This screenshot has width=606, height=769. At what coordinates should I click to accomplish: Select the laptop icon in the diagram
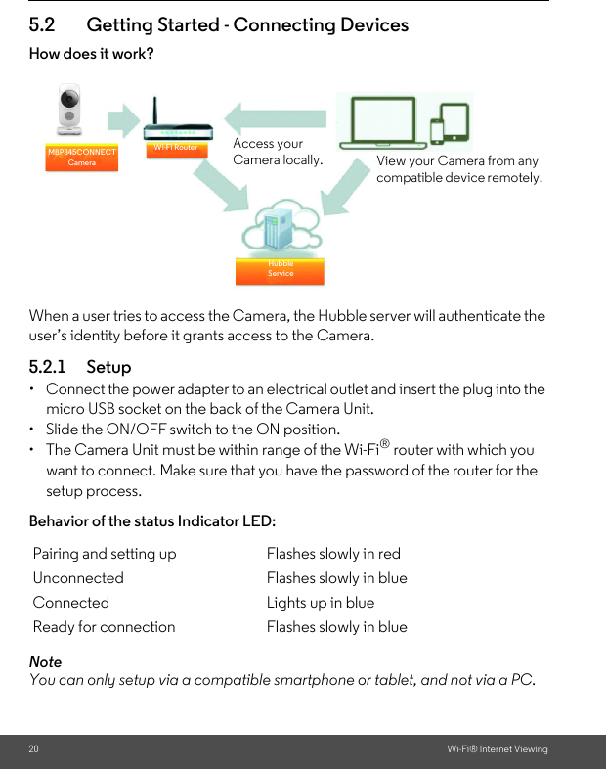(x=380, y=122)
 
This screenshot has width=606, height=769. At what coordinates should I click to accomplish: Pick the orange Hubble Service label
(x=280, y=270)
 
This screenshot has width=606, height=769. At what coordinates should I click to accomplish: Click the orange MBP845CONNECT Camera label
(x=82, y=158)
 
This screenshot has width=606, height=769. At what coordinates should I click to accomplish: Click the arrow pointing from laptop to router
(x=278, y=117)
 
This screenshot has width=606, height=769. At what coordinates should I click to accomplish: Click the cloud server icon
(x=281, y=230)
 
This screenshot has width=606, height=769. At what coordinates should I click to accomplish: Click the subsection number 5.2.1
(x=48, y=367)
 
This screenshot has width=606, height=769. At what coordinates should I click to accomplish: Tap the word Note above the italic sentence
(x=45, y=662)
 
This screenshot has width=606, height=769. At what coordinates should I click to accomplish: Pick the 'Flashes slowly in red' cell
(x=333, y=554)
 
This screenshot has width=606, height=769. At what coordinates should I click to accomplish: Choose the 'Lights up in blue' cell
(x=321, y=603)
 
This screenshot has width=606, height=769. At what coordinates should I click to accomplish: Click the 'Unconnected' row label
(x=78, y=578)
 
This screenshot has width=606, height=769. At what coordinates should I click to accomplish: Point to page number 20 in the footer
(x=34, y=749)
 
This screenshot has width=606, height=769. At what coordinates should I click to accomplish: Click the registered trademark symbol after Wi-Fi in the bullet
(x=386, y=445)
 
